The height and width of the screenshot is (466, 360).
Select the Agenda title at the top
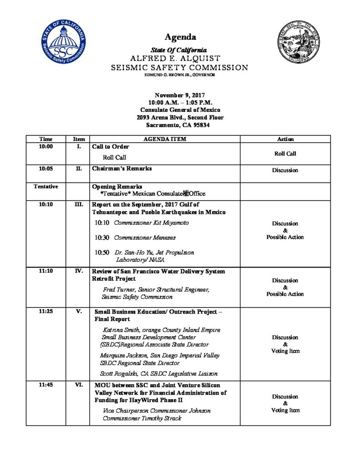click(x=180, y=37)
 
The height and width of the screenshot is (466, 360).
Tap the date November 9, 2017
click(x=180, y=95)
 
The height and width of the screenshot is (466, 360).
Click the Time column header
click(x=46, y=139)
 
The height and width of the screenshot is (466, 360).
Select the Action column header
click(x=285, y=139)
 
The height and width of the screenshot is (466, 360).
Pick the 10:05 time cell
click(x=46, y=168)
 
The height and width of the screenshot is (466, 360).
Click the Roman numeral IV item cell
click(x=78, y=271)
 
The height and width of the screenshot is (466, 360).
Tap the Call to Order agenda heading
click(x=111, y=147)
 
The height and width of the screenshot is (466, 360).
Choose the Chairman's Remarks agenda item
click(x=122, y=168)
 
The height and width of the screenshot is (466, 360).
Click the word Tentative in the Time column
click(x=46, y=187)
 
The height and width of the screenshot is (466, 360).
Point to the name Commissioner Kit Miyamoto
click(x=151, y=223)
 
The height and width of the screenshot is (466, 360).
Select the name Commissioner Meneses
click(x=145, y=238)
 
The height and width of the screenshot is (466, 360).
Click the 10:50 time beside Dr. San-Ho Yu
click(x=102, y=252)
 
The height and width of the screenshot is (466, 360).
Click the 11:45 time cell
click(x=46, y=385)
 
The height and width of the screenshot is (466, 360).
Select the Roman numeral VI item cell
click(x=78, y=385)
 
